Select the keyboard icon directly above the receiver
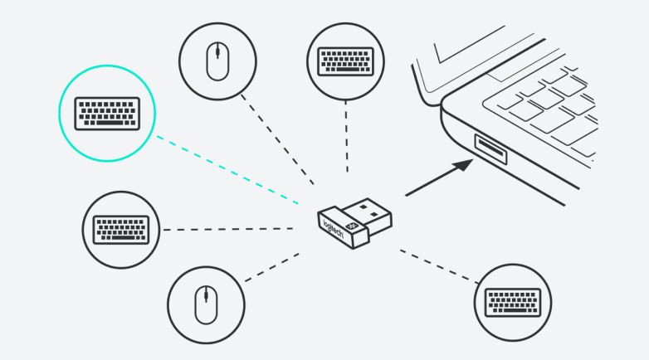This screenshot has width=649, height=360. click(x=342, y=60)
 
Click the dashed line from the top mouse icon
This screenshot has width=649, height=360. click(x=278, y=138)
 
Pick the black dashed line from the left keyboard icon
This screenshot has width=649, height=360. click(x=224, y=228)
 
